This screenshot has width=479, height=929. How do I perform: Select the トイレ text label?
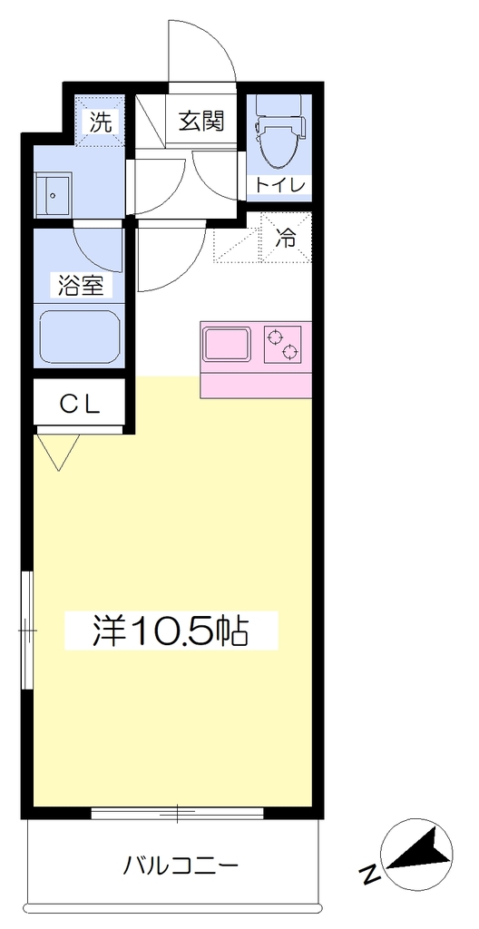280,185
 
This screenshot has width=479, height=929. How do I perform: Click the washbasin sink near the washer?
54,194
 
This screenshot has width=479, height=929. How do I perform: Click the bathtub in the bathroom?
80,337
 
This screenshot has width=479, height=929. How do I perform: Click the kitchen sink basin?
227,344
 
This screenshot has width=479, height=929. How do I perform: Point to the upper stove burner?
274,338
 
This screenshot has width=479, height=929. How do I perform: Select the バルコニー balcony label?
181,867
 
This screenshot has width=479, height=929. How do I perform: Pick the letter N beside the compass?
370,874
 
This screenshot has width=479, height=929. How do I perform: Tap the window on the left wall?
27,630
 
